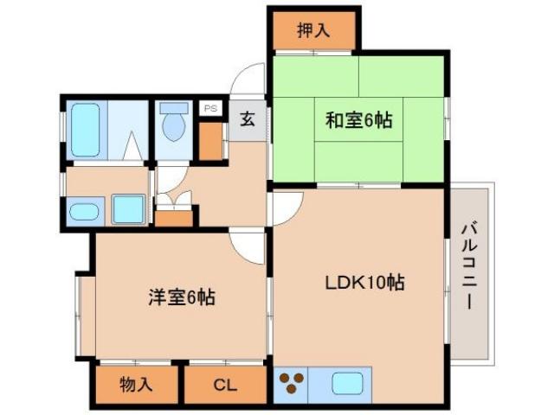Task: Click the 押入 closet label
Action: click(x=313, y=31)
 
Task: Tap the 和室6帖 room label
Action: click(x=358, y=120)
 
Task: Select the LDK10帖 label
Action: click(x=366, y=282)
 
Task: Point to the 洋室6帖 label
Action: click(x=180, y=298)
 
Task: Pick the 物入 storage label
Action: click(x=136, y=385)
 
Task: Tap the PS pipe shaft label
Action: click(x=210, y=109)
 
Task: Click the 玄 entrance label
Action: click(x=248, y=119)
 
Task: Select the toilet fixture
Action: click(x=175, y=124)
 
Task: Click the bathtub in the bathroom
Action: click(x=86, y=130)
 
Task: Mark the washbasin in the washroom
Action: click(x=85, y=211)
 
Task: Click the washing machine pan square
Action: click(x=128, y=209)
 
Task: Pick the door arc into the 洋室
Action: click(x=248, y=246)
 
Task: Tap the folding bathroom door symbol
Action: click(x=132, y=146)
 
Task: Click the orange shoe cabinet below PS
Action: click(x=210, y=141)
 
